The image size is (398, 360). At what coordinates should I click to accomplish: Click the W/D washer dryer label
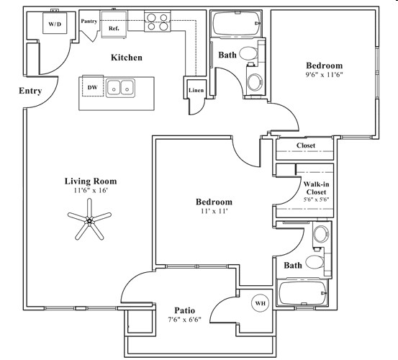pos(55,24)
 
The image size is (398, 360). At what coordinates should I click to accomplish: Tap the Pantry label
pos(89,22)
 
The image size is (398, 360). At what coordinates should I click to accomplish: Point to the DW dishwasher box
pos(92,87)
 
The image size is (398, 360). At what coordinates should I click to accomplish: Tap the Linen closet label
pos(195,91)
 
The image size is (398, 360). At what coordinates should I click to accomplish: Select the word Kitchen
pos(126,57)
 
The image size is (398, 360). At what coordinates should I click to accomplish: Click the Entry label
pos(30,91)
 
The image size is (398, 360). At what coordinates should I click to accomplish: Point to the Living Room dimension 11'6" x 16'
pos(90,192)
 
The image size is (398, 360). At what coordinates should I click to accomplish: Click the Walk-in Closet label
pos(316,189)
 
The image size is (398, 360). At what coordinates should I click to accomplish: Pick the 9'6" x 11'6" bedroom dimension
pos(323,76)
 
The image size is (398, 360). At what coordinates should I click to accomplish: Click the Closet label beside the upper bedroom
pos(306,145)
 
